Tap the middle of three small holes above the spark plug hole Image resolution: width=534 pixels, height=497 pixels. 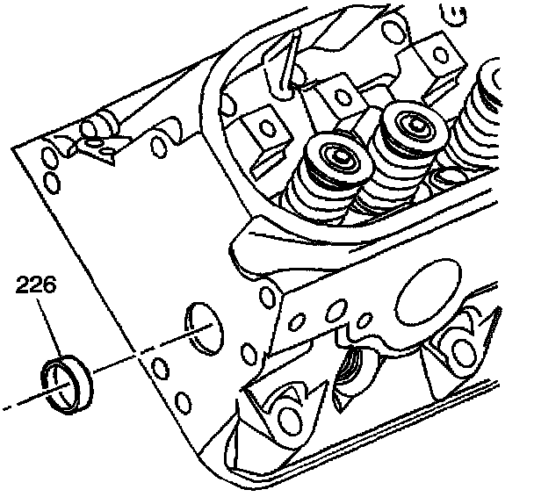point(333,311)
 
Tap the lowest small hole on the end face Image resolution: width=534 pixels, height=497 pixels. point(182,404)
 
